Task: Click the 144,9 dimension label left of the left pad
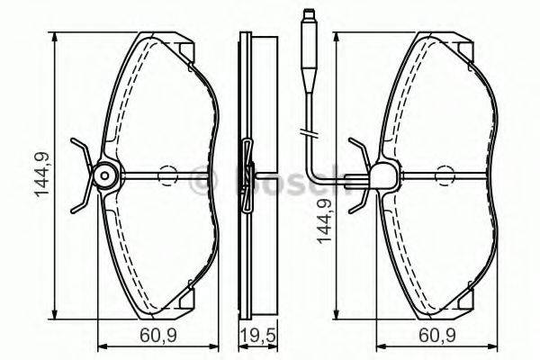point(41,176)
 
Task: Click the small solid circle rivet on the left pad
point(104,176)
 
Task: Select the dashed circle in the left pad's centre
point(167,176)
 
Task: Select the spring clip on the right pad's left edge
point(358,176)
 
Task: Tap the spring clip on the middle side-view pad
point(247,176)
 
